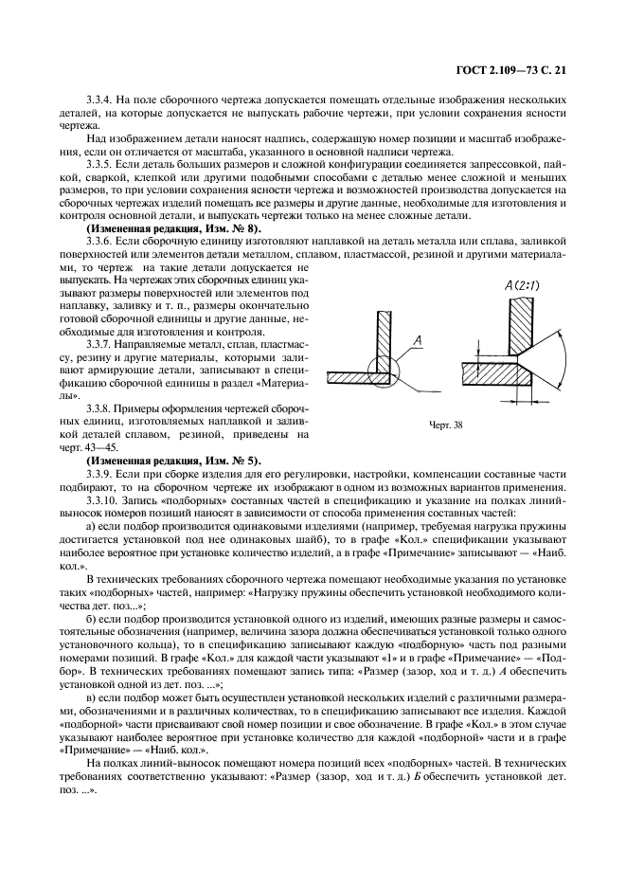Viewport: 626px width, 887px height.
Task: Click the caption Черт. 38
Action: (x=443, y=425)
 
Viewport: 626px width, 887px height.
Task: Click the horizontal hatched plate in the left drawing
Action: (x=360, y=377)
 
